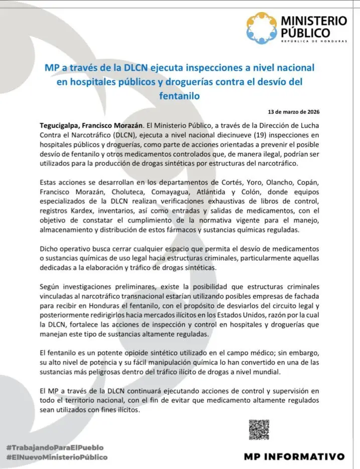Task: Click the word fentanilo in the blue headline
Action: [179, 94]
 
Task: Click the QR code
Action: [259, 430]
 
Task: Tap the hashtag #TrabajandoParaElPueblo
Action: [55, 446]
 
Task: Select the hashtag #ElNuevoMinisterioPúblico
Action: [57, 457]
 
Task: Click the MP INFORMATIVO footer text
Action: [294, 456]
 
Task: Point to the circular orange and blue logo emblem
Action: [262, 28]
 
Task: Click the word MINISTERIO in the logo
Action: [313, 21]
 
